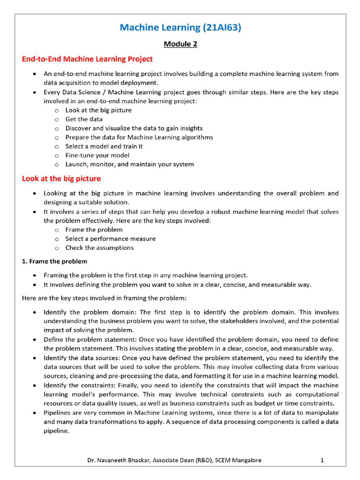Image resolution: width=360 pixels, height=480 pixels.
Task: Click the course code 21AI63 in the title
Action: click(222, 28)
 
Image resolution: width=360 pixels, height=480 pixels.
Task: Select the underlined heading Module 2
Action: click(180, 44)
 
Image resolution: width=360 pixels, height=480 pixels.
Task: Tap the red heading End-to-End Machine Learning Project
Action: click(87, 59)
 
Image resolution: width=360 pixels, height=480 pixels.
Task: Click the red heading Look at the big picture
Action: click(61, 179)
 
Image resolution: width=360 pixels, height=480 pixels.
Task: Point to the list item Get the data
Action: click(84, 119)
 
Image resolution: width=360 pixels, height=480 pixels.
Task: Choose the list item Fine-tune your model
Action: click(97, 155)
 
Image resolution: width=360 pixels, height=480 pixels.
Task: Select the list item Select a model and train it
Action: click(104, 146)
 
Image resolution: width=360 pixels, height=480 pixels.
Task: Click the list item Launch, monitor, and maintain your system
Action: click(129, 164)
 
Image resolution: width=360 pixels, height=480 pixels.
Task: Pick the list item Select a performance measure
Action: click(110, 239)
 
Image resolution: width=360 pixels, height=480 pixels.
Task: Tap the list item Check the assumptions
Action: click(99, 247)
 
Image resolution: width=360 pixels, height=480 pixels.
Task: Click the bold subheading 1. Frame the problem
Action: click(54, 261)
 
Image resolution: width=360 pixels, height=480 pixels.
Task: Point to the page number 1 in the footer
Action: click(322, 460)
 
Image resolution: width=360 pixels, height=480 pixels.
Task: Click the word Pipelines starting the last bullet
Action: click(58, 413)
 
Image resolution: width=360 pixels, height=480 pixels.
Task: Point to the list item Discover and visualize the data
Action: click(134, 128)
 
